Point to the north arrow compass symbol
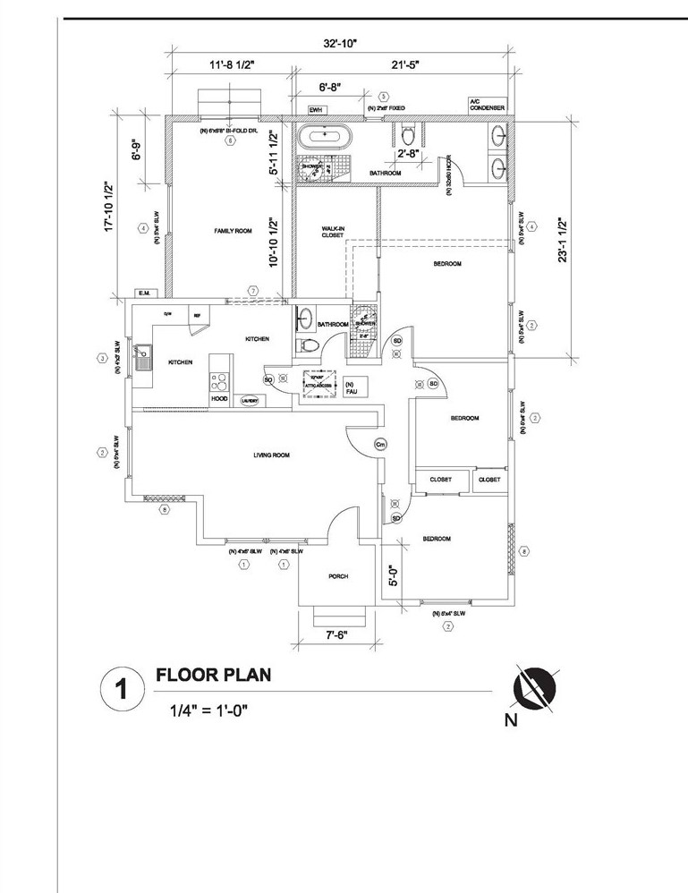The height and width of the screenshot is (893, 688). point(533,688)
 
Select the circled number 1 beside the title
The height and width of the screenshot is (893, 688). point(120,691)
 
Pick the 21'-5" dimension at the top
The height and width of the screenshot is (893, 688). point(403,64)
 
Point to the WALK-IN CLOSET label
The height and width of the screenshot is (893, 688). point(333,232)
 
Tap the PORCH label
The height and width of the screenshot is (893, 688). point(337,576)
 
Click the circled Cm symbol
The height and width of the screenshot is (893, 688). point(379,444)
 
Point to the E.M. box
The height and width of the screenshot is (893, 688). point(143,293)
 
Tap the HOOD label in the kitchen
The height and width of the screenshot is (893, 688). point(219,399)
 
